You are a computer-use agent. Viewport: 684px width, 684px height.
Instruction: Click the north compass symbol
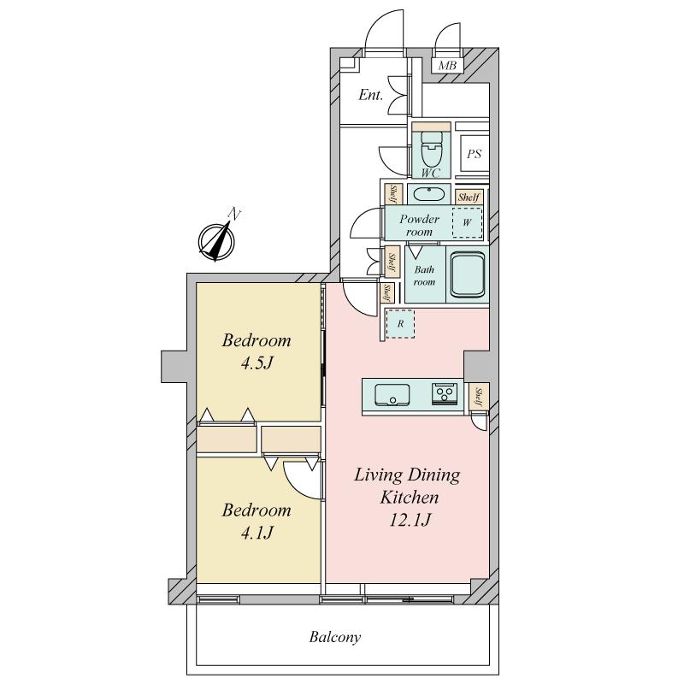[216, 240]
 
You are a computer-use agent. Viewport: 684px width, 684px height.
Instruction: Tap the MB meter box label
[447, 66]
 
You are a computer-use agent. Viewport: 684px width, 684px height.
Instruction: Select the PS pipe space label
[474, 154]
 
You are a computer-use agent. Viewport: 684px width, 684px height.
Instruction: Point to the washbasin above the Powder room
[432, 194]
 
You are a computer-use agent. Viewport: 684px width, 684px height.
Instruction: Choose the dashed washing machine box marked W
[467, 222]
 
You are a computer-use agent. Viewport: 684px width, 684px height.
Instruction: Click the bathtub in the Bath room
[468, 274]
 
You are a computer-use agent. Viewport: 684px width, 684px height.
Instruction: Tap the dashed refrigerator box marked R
[400, 324]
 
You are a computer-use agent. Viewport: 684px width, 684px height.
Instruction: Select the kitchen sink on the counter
[392, 395]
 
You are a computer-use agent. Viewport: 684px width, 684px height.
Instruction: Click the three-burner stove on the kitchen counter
[445, 394]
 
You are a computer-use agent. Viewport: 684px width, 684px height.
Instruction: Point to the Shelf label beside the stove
[479, 397]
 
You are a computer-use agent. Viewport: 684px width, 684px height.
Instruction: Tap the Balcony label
[335, 637]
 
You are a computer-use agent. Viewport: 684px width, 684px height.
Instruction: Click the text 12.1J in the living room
[410, 520]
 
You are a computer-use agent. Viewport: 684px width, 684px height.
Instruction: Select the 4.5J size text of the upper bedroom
[256, 363]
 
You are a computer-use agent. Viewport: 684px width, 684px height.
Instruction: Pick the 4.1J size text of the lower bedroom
[256, 533]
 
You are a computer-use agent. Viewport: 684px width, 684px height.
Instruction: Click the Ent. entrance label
[370, 95]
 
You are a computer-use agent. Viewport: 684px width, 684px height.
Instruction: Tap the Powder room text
[419, 225]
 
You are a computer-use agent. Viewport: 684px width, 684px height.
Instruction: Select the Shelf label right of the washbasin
[469, 198]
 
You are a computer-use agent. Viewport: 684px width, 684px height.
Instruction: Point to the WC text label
[430, 173]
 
